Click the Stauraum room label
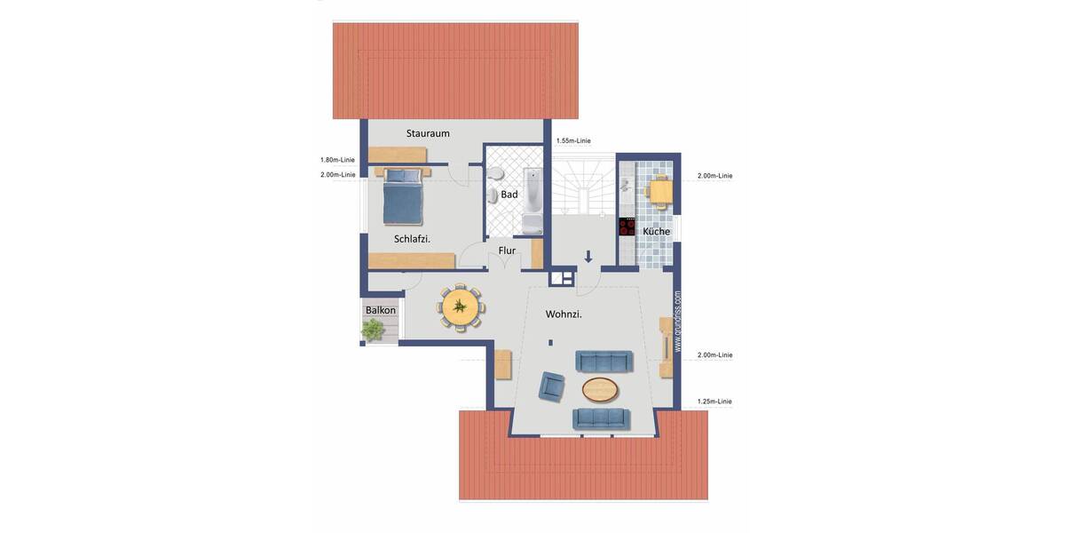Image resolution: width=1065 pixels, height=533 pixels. click(428, 133)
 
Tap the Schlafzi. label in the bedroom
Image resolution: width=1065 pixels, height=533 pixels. click(412, 239)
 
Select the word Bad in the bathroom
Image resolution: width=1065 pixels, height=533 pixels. click(509, 195)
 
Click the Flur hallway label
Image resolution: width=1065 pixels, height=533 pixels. click(507, 251)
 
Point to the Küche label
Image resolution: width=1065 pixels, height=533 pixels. click(656, 231)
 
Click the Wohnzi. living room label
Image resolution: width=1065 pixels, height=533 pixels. click(564, 314)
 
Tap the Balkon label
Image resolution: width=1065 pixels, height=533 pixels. click(380, 310)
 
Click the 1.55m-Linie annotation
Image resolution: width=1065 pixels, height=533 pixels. click(572, 140)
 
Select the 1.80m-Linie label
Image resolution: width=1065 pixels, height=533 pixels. click(337, 160)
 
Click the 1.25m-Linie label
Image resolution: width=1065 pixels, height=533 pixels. click(714, 402)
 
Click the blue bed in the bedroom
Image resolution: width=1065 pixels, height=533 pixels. click(403, 195)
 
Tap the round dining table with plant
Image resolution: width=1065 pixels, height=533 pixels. click(460, 307)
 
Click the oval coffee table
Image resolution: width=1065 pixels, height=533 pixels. click(601, 389)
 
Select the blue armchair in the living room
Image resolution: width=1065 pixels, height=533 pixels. click(551, 386)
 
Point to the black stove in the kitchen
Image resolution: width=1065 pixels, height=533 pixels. click(627, 227)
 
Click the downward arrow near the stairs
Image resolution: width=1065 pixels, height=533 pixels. click(588, 258)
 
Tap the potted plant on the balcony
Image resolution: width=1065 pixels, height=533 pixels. click(373, 330)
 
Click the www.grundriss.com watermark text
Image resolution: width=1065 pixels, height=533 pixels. click(677, 322)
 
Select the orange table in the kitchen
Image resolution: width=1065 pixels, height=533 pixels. click(660, 192)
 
